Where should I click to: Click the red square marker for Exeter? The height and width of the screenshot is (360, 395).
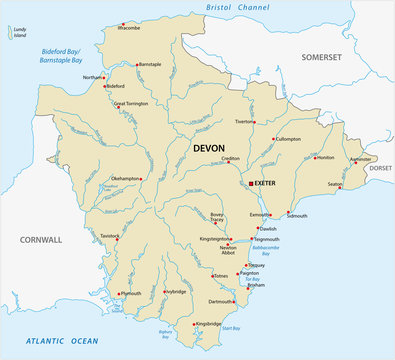[x=250, y=184]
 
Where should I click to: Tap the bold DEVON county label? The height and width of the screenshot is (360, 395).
[x=210, y=148]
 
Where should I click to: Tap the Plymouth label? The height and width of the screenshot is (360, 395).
[x=131, y=294]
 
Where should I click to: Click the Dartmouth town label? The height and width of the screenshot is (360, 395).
[x=222, y=301]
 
